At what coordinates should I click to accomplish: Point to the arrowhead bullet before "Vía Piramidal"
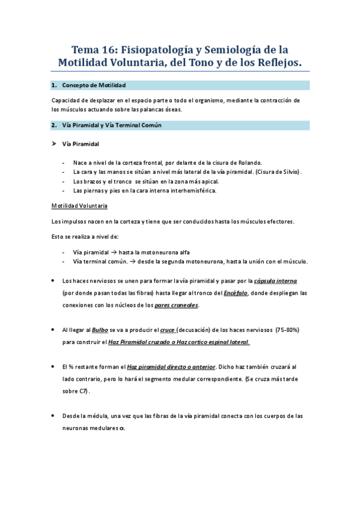[x=54, y=144]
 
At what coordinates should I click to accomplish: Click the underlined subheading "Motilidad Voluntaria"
[x=79, y=206]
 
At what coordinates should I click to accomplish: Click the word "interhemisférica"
[x=187, y=191]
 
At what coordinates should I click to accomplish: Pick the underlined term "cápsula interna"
[x=275, y=281]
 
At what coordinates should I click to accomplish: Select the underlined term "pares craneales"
[x=176, y=305]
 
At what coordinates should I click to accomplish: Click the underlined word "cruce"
[x=168, y=330]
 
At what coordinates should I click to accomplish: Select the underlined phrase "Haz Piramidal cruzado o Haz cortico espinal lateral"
[x=178, y=342]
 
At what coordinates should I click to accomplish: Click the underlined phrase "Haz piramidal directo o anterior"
[x=171, y=366]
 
